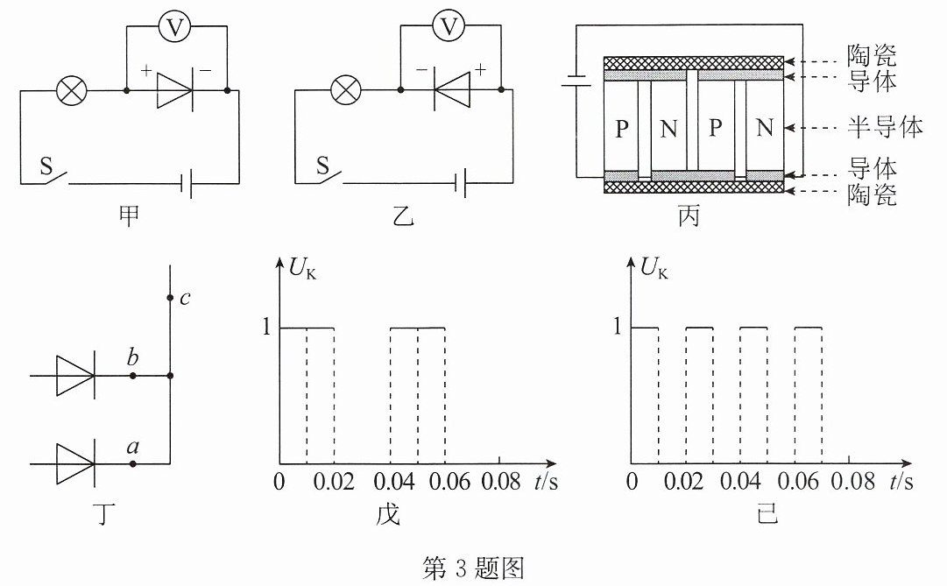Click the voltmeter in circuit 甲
174,26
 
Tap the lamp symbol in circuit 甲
71,91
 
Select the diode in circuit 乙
451,90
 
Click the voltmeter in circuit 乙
449,26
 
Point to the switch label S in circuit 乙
322,166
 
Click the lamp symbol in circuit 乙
346,91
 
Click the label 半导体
885,128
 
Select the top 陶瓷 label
872,55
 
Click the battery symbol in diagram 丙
576,81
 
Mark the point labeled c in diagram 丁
170,298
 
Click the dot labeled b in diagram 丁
133,376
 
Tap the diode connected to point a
74,464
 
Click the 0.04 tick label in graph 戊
393,482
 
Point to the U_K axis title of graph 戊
302,268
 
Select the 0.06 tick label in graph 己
798,482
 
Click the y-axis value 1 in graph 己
618,327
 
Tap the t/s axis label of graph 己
901,482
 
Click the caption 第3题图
473,568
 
